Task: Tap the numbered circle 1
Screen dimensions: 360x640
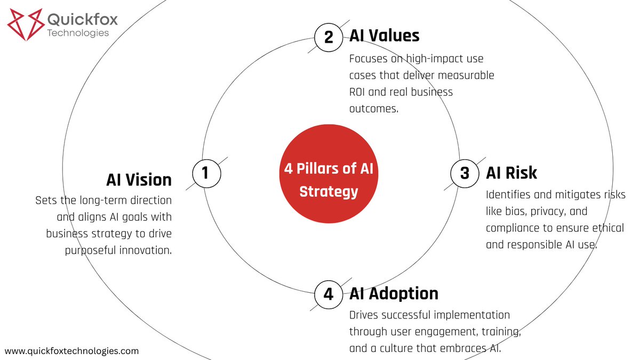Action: (x=205, y=173)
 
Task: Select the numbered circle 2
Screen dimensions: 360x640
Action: (x=329, y=37)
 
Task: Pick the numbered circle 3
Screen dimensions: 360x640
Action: (x=465, y=173)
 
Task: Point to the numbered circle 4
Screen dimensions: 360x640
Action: (x=329, y=294)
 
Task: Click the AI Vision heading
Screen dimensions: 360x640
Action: (x=139, y=180)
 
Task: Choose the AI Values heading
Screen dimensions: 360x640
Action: (x=384, y=36)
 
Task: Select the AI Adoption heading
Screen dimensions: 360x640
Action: (x=394, y=293)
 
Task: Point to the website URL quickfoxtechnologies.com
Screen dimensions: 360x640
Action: (x=71, y=351)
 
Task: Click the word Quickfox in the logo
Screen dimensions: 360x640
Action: (x=83, y=20)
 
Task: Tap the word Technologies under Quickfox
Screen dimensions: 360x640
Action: (x=78, y=33)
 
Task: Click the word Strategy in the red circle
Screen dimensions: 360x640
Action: (x=328, y=191)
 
